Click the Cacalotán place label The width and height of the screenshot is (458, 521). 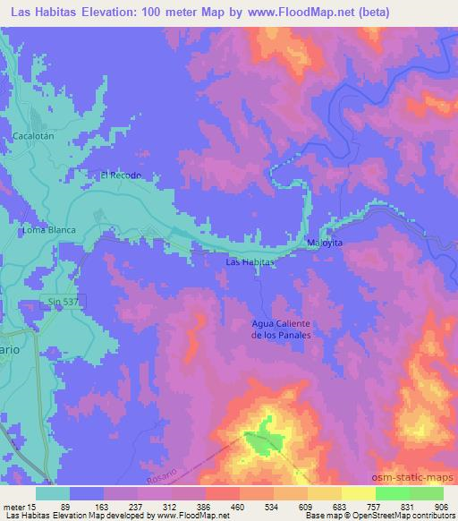[35, 136]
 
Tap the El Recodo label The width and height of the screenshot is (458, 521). [120, 175]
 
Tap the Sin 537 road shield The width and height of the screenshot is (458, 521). [60, 303]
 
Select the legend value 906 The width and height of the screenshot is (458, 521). [440, 506]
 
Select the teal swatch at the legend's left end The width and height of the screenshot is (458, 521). [54, 492]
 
